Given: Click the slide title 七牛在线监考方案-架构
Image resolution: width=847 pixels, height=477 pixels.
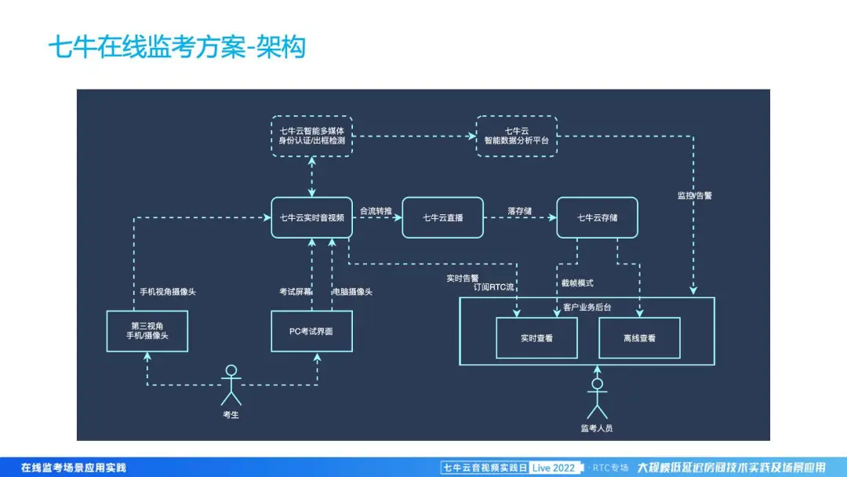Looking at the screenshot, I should [x=176, y=47].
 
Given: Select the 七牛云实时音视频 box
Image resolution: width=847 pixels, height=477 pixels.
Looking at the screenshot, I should [x=311, y=217].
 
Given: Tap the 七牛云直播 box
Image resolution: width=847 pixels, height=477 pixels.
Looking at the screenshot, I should [x=442, y=217].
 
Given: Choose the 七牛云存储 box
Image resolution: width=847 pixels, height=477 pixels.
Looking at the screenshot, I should [x=597, y=217].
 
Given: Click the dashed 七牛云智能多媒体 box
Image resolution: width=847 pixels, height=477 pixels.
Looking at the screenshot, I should [x=311, y=135].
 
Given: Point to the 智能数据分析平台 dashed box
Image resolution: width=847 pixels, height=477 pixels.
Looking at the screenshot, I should [x=517, y=135].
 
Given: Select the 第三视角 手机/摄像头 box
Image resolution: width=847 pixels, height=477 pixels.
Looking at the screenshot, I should [x=147, y=330].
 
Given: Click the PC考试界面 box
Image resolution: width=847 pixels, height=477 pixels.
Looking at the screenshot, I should [x=311, y=330].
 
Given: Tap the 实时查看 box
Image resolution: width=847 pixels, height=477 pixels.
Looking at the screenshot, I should [x=536, y=338].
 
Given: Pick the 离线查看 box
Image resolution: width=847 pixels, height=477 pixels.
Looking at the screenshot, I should [x=639, y=338].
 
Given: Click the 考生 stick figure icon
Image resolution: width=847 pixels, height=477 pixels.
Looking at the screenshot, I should [x=231, y=384].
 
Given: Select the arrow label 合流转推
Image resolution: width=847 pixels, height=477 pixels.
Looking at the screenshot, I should [x=376, y=210].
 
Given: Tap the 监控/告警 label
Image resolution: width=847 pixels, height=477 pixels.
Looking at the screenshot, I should [x=695, y=195].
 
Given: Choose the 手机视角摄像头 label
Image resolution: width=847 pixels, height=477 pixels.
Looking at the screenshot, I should [x=168, y=292].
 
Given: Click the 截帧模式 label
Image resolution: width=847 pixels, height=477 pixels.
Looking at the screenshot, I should [x=577, y=282].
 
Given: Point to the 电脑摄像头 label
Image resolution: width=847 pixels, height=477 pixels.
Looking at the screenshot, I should [x=353, y=292].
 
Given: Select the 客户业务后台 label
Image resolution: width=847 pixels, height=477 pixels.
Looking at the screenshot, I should [x=587, y=307].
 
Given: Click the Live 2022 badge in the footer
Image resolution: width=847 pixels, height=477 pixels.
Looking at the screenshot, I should [x=554, y=468].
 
